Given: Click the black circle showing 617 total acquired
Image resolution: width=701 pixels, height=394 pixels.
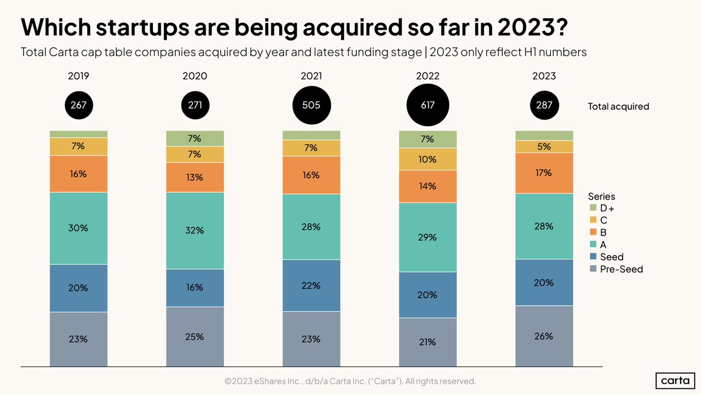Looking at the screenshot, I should coord(428,106).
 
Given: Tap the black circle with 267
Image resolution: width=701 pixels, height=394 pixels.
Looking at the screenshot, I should coord(79,106).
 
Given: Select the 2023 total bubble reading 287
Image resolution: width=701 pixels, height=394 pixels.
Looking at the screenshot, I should coord(544,106).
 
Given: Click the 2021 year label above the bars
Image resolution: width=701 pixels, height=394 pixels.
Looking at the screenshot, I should coord(311,76).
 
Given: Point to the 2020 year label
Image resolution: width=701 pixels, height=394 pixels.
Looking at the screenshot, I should coord(195,76).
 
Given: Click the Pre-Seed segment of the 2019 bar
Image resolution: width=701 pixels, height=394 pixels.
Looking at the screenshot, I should coord(79,339).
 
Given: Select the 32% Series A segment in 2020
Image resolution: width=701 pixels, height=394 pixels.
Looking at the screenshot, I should coord(195,231).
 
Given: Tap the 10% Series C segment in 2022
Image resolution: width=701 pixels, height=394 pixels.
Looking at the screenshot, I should coord(428,159).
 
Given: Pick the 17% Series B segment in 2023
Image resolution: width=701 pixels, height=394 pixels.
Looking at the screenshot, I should coord(544,173).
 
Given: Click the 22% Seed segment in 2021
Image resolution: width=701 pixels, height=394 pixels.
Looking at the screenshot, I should coord(311,285).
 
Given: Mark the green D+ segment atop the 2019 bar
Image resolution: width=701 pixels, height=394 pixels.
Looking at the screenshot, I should coord(79,134).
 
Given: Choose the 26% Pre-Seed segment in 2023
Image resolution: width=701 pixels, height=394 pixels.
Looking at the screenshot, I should coord(544,336).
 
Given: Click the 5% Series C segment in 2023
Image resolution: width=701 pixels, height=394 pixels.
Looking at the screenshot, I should coord(544,147).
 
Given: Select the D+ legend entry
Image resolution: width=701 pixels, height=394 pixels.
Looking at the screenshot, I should coord(608,208).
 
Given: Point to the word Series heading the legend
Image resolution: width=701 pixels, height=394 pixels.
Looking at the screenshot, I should coord(602,197).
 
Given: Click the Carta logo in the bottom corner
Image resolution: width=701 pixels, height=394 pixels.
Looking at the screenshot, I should coord(675,381).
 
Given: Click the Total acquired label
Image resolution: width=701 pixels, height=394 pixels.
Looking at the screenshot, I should coord(618,106).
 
